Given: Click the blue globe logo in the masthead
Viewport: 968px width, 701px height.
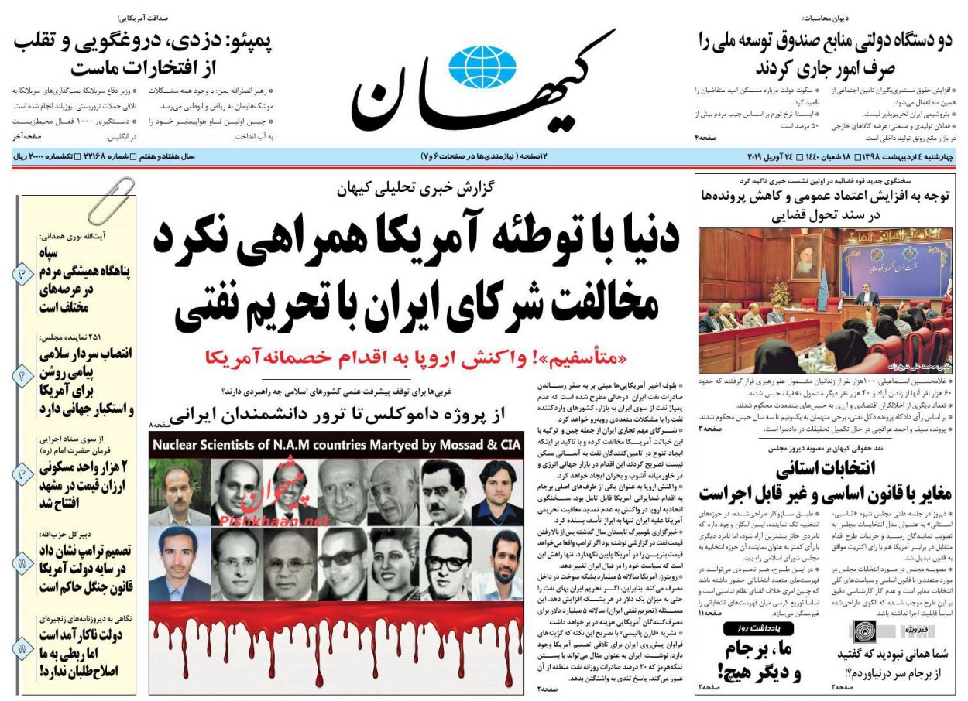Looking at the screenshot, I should click(482, 67).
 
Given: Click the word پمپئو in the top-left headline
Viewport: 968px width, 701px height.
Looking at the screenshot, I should click(250, 42).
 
